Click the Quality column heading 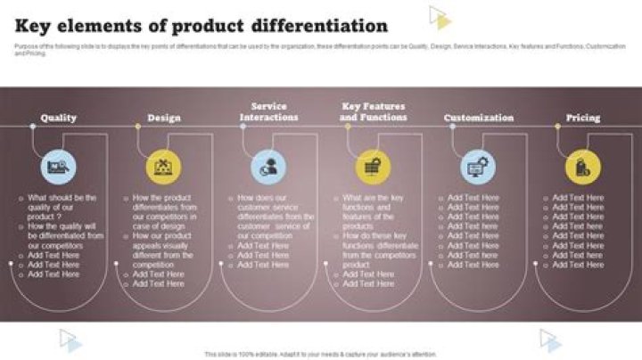59,118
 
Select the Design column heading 163,118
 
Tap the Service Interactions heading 268,111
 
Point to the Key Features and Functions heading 374,111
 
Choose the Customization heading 479,118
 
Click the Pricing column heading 583,118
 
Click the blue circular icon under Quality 59,166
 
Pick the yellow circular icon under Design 163,166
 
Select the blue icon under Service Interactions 268,166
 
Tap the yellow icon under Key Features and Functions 374,166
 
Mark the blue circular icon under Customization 479,166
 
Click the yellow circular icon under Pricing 583,166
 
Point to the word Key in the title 37,26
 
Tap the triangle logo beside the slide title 440,18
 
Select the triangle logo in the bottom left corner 70,340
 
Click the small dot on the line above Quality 33,127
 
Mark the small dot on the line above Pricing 557,127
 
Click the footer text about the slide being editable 321,354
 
